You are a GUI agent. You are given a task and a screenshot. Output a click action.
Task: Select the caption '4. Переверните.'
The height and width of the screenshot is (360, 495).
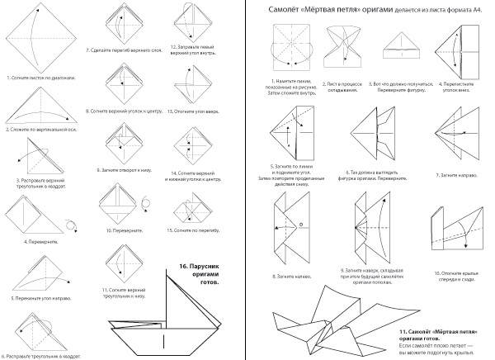tap(32, 242)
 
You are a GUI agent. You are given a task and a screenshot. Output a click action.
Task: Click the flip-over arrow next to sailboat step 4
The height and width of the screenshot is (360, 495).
tap(70, 224)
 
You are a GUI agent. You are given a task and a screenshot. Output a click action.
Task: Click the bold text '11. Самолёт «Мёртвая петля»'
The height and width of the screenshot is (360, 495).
tap(436, 328)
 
